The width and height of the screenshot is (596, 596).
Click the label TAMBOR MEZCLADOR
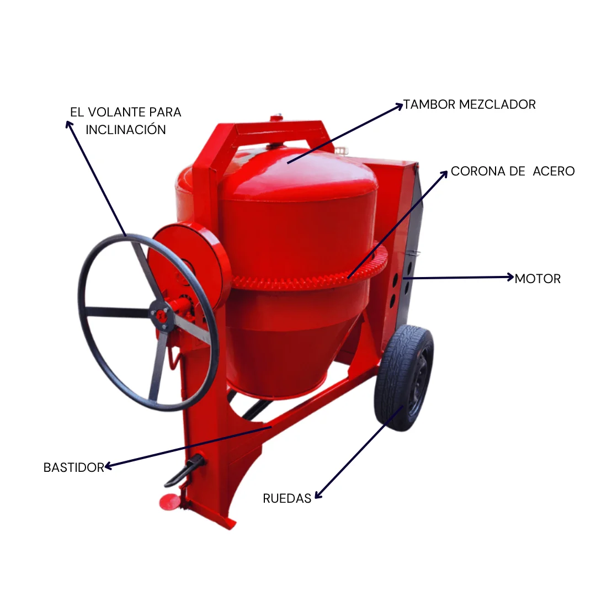[470, 104]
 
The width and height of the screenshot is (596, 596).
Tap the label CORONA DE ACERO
[513, 172]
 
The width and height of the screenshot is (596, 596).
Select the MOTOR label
[538, 279]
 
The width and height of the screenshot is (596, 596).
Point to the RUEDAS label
[287, 498]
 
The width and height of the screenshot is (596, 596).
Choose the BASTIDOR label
[74, 467]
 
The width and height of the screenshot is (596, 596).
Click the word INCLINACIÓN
[126, 129]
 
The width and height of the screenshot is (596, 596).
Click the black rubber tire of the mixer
[403, 378]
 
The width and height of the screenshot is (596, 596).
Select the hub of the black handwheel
[161, 315]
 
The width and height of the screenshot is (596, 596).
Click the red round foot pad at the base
[169, 502]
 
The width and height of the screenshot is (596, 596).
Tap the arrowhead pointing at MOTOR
[510, 277]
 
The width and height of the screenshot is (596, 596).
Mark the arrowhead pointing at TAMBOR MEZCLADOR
[399, 106]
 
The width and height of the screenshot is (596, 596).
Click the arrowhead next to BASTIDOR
[108, 466]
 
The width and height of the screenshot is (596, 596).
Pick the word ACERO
[554, 172]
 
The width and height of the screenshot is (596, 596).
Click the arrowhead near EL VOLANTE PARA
[69, 125]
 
